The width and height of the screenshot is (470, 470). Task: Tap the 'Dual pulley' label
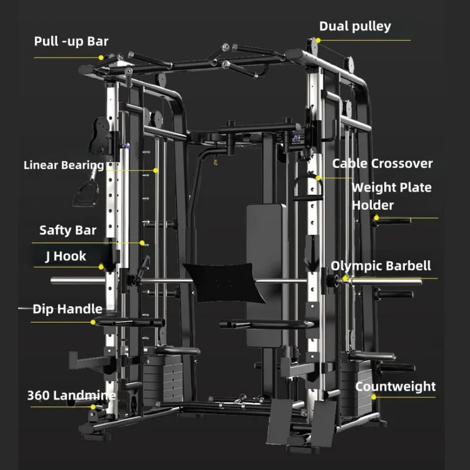355,26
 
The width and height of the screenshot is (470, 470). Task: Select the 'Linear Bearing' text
63,165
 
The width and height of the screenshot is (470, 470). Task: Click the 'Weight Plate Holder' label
391,196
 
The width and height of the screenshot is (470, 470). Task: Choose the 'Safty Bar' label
68,230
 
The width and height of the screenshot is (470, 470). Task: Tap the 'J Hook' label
65,256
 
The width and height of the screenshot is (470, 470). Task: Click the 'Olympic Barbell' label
381,266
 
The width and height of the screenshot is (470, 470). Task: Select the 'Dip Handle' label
68,309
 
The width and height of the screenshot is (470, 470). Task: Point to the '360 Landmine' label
71,395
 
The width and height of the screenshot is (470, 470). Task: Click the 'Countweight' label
395,387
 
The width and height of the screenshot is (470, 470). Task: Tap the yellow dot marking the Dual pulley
317,41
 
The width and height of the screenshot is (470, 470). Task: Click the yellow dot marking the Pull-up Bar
101,58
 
